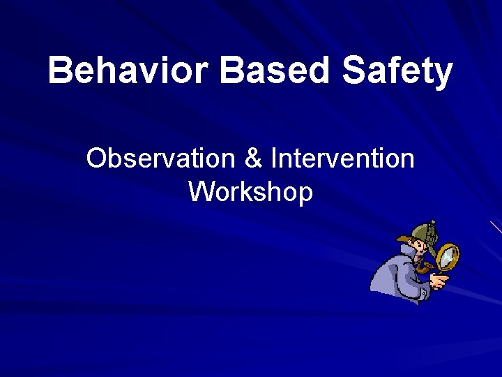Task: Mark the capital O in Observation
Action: coord(96,159)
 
